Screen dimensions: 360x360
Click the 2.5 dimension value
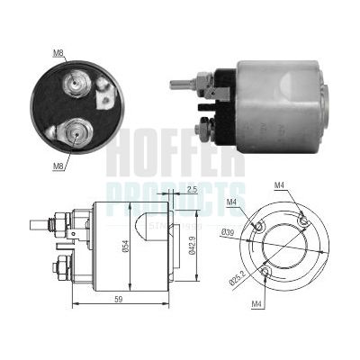click(193, 190)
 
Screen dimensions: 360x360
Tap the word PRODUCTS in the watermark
click(175, 192)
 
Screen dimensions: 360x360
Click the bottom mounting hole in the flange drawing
click(265, 270)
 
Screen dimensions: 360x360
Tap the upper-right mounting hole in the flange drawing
click(303, 221)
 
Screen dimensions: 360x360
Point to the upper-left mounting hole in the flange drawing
click(259, 226)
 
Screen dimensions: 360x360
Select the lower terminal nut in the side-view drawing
click(63, 267)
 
